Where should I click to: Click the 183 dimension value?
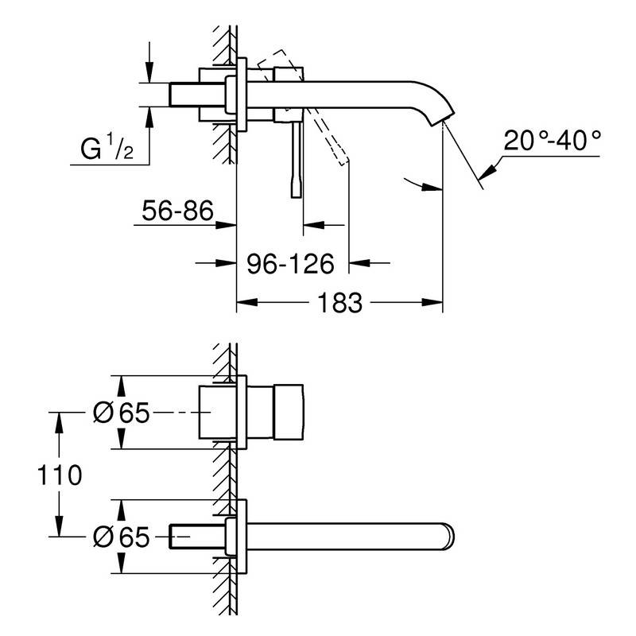(x=339, y=303)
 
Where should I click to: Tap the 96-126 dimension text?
(x=290, y=264)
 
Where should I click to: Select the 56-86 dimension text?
(x=177, y=211)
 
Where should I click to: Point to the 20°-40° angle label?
(x=552, y=141)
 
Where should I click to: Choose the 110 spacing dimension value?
(x=59, y=475)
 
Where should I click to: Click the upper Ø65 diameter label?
(x=122, y=413)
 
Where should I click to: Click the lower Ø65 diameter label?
(x=122, y=537)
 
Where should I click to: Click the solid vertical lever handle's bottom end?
(x=297, y=197)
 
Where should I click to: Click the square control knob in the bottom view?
(x=289, y=412)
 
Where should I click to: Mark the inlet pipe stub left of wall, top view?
(x=196, y=95)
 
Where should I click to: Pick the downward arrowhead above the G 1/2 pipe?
(x=149, y=72)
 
